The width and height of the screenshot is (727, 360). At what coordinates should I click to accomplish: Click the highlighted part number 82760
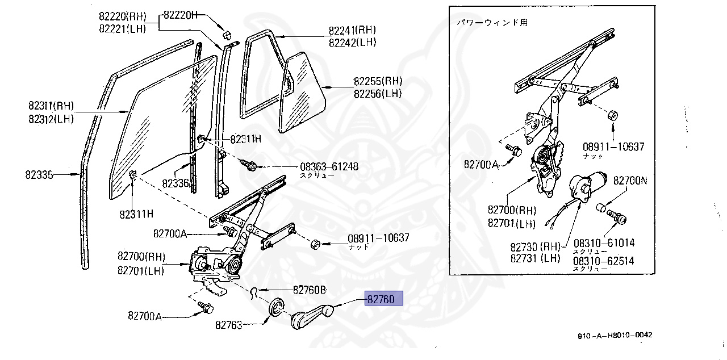384,299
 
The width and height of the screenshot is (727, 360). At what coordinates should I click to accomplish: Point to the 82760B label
310,290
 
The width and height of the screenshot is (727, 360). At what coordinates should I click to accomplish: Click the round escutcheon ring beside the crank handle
277,307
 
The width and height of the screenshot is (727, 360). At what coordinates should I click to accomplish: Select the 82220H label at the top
181,15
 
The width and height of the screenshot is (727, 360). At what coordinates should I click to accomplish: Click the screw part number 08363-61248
329,167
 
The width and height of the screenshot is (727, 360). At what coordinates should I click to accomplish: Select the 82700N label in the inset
630,181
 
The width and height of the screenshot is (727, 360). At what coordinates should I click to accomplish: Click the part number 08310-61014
604,243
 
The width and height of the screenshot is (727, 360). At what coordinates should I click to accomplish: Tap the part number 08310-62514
604,261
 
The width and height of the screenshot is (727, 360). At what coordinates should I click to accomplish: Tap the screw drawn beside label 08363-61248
250,165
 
